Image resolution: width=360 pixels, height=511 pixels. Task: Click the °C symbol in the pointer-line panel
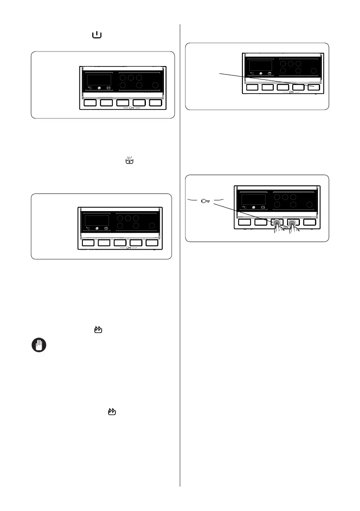252,73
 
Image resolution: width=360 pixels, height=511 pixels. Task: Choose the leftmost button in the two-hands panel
245,222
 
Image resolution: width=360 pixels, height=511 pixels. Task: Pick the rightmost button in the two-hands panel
311,222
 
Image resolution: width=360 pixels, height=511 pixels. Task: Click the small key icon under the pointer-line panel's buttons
291,92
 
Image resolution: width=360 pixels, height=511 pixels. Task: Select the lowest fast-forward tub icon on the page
112,411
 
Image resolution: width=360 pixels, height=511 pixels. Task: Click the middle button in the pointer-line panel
283,87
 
